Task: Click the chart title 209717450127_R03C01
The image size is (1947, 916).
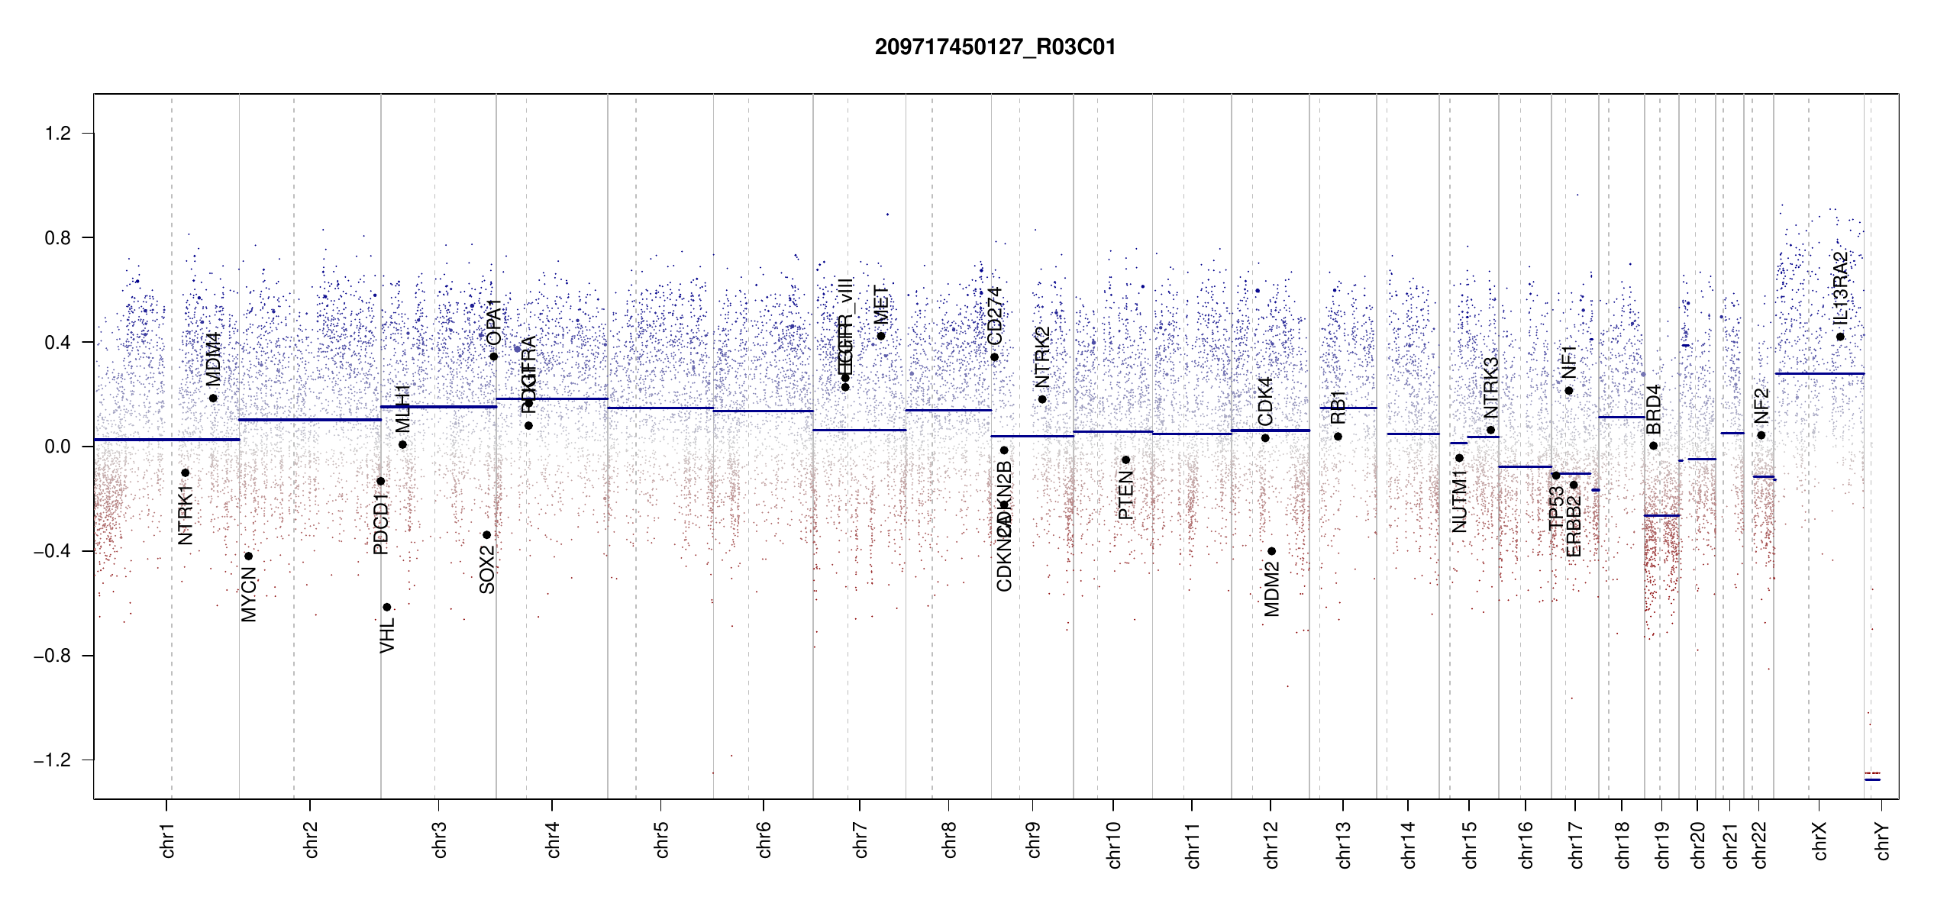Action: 995,47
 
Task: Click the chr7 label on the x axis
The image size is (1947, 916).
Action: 860,840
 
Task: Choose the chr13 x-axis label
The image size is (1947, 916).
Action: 1344,844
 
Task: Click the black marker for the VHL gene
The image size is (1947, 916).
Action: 387,608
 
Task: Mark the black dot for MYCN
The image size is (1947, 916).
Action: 248,556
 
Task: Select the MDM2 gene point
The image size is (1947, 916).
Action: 1271,551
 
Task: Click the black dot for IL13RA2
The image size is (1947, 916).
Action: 1840,337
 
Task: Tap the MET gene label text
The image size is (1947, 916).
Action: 881,305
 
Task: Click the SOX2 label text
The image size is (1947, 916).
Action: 487,569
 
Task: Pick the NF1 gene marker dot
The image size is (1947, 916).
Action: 1569,391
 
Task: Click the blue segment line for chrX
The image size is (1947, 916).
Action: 1819,374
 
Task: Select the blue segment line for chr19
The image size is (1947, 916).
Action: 1661,516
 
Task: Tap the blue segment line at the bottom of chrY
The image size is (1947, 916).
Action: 1872,779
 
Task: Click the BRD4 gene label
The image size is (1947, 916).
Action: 1654,410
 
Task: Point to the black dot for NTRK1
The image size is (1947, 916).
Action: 185,473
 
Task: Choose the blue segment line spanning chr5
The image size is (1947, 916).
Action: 660,408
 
